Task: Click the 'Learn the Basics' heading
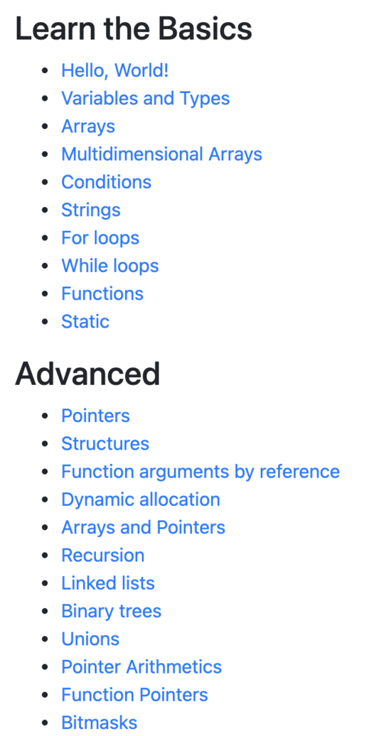click(134, 29)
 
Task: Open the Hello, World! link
click(115, 71)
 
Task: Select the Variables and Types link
click(146, 99)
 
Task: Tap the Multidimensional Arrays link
click(161, 154)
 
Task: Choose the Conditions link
click(106, 182)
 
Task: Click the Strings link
click(91, 210)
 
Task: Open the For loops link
click(100, 238)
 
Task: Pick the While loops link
click(110, 266)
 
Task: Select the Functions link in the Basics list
click(102, 294)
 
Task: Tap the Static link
click(85, 322)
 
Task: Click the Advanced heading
click(88, 374)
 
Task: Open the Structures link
click(105, 443)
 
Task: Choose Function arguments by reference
click(200, 472)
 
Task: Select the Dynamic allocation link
click(141, 499)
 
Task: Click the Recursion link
click(103, 556)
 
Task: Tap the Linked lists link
click(108, 583)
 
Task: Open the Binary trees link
click(112, 611)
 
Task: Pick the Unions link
click(90, 639)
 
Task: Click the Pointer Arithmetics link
click(141, 666)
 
